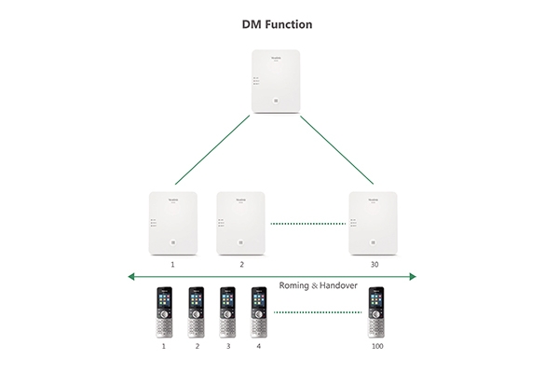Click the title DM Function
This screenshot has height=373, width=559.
279,22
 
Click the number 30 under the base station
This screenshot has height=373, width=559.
374,265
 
